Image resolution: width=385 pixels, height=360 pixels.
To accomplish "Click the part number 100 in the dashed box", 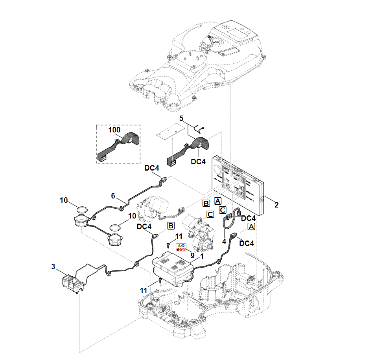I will pos(114,130).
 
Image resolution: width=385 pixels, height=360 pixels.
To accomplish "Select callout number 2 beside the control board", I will pos(276,205).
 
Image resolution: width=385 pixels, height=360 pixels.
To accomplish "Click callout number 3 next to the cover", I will pos(53,267).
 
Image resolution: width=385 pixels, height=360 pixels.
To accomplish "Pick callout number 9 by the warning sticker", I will pos(192,255).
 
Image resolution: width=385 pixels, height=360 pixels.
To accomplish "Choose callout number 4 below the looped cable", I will pos(224,241).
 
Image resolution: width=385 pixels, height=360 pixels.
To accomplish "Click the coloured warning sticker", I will pos(181,248).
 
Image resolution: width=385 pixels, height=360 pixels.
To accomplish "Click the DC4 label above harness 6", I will pos(152,168).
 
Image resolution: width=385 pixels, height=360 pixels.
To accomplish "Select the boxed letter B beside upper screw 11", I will pos(171,226).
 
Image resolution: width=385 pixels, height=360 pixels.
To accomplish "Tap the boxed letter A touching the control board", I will pos(217,201).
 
